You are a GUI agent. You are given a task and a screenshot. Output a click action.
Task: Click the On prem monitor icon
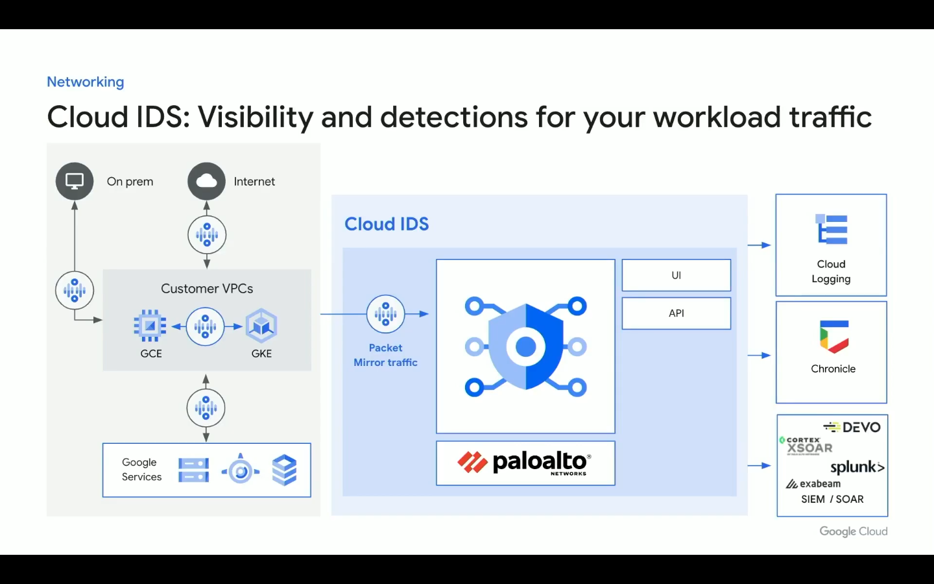tap(75, 181)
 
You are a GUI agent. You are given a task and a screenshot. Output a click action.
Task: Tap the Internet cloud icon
tap(206, 181)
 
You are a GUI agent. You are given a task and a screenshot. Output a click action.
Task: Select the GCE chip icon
tap(150, 325)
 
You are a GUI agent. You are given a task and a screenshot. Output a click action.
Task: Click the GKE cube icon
tap(261, 325)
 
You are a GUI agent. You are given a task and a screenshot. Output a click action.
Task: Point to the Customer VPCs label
tap(207, 288)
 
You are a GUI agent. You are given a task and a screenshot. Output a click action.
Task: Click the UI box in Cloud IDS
tap(677, 275)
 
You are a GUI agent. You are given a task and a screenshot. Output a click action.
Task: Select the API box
tap(677, 313)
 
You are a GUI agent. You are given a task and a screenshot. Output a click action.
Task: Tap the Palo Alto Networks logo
tap(524, 463)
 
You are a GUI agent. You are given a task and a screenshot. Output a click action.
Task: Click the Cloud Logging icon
tap(832, 229)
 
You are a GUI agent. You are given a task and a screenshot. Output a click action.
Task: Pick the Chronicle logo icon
tap(833, 337)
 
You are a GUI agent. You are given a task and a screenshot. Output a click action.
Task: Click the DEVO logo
tap(852, 427)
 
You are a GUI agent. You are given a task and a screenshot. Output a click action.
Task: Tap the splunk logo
tap(857, 467)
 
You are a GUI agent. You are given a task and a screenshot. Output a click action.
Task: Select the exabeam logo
tap(813, 484)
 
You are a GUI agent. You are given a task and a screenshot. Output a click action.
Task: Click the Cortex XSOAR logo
tap(806, 446)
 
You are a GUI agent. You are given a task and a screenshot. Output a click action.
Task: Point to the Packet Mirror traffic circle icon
tap(386, 313)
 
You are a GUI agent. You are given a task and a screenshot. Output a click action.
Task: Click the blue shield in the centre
tap(526, 347)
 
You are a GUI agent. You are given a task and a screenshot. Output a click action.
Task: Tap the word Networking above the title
tap(86, 82)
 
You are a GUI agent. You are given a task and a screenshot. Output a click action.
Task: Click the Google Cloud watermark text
tap(854, 531)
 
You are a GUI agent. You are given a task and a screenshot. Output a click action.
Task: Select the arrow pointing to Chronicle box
tap(759, 356)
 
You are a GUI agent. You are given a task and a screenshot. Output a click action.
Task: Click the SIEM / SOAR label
tap(832, 499)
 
